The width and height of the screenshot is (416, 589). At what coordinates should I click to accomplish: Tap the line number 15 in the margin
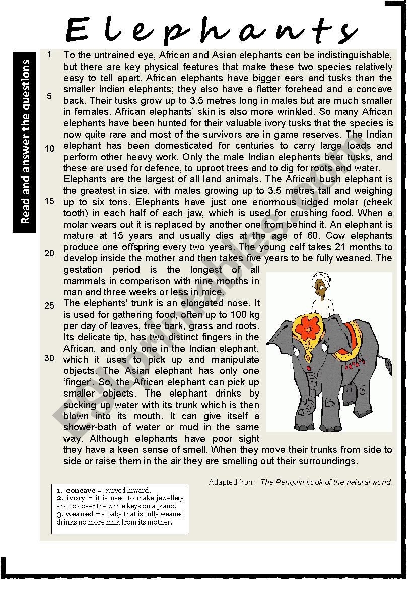(x=49, y=201)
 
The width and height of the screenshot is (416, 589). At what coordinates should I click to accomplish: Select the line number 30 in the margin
(x=49, y=358)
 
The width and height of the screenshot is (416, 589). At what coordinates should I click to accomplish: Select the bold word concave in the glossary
(x=81, y=490)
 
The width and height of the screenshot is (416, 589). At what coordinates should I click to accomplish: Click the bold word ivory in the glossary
(x=76, y=498)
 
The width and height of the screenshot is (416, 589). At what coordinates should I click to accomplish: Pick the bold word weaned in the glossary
(x=80, y=514)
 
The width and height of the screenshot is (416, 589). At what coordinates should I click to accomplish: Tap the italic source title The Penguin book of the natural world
(x=326, y=482)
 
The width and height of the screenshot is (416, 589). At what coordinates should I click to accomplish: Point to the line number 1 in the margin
(x=49, y=54)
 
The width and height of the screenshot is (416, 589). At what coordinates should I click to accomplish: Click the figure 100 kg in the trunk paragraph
(x=245, y=314)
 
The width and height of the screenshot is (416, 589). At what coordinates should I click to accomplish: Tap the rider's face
(x=317, y=290)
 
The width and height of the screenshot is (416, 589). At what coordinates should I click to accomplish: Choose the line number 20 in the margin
(x=49, y=253)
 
